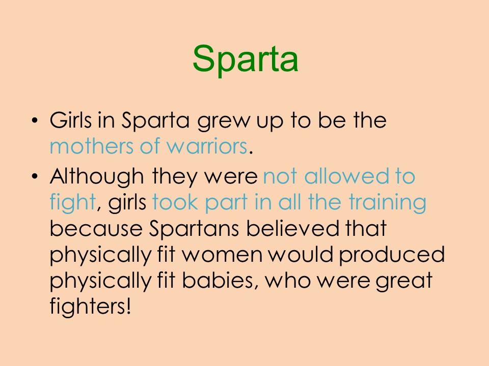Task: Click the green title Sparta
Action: click(x=246, y=59)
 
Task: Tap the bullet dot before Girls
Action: click(x=35, y=120)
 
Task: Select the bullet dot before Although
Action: click(x=35, y=176)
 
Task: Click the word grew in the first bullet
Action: click(x=224, y=121)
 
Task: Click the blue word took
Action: click(x=175, y=202)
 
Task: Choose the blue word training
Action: click(x=387, y=203)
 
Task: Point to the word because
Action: click(x=96, y=229)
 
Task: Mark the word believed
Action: click(x=292, y=228)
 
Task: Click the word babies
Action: click(x=221, y=281)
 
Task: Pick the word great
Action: click(x=404, y=282)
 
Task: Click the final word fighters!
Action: click(x=90, y=307)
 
